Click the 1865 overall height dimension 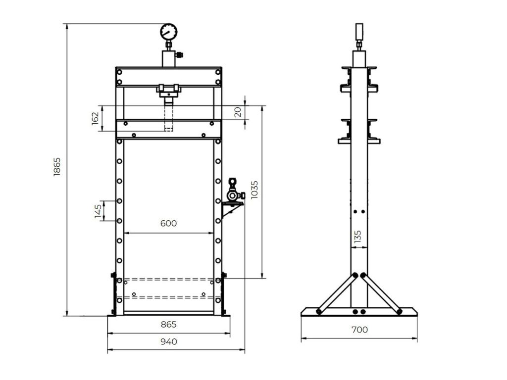pyautogui.click(x=57, y=167)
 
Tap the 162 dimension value pyautogui.click(x=95, y=119)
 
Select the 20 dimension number pyautogui.click(x=238, y=112)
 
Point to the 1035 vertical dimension pyautogui.click(x=254, y=190)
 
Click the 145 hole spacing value pyautogui.click(x=99, y=211)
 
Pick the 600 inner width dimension pyautogui.click(x=168, y=223)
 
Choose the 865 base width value pyautogui.click(x=168, y=325)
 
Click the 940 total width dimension pyautogui.click(x=168, y=342)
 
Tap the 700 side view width pyautogui.click(x=359, y=330)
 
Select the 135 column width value pyautogui.click(x=357, y=237)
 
